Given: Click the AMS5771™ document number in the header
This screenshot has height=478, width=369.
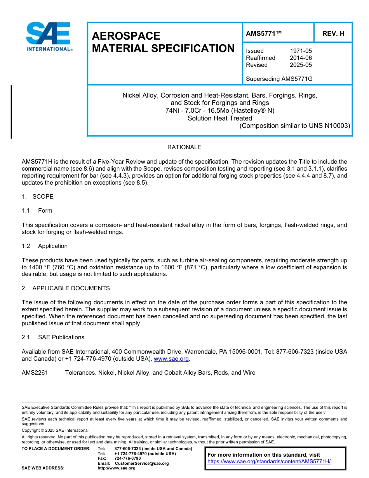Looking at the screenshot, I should point(264,34).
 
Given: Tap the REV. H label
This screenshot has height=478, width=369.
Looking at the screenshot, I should point(333,34).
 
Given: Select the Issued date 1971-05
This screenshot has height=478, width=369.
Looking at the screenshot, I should point(301,51).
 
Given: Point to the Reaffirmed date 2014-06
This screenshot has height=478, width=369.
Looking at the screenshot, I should point(301,58).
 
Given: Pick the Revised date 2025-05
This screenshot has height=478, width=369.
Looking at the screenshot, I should point(301,65).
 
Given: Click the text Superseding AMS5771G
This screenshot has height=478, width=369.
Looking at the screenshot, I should point(279,79).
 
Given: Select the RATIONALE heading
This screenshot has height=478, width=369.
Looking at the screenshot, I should point(184,147).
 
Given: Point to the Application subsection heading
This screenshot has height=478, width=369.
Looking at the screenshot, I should point(52,246).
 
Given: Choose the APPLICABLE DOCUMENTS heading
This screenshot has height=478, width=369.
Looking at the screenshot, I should point(71,288).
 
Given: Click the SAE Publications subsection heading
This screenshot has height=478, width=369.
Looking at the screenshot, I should point(61,337).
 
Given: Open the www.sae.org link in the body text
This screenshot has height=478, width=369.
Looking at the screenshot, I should point(171,359).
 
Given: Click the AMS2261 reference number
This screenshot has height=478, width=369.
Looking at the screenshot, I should point(35,373).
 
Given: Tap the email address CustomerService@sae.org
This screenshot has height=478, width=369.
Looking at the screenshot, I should point(142,463).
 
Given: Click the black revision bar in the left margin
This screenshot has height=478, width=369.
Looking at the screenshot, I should point(11,112).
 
